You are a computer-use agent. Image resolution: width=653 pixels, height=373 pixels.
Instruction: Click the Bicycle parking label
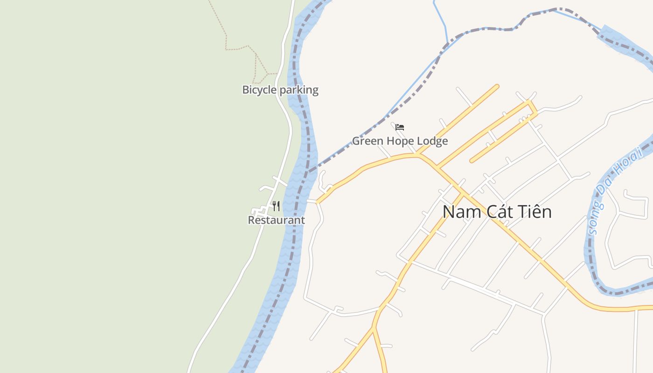click(280, 90)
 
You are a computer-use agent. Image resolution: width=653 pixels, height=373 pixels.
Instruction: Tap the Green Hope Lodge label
click(400, 141)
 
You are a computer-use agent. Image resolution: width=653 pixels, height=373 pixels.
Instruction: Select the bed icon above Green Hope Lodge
click(400, 127)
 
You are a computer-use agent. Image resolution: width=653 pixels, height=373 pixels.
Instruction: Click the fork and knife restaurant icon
click(276, 206)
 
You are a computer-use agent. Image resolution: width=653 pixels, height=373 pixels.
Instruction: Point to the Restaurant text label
click(276, 220)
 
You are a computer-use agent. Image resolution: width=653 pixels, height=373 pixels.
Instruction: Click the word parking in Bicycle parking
click(299, 90)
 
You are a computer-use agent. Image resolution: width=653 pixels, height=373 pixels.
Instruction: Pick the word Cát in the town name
click(497, 212)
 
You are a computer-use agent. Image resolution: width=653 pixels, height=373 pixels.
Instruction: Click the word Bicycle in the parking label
click(259, 90)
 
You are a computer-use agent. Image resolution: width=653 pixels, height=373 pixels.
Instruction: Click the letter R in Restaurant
click(251, 220)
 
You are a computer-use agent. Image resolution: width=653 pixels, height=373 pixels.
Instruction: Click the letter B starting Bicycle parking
click(245, 90)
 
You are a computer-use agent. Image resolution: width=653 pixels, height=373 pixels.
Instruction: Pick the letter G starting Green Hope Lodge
click(356, 141)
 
